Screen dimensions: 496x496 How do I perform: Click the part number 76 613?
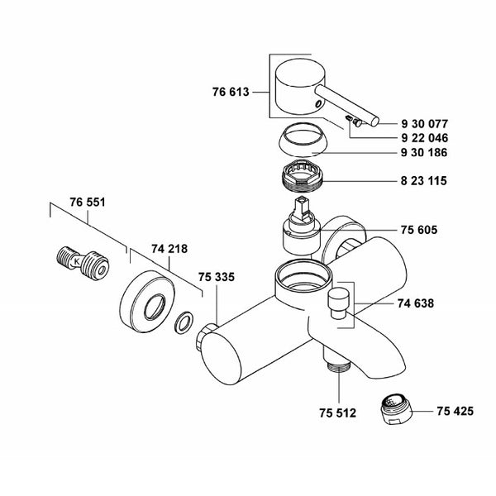[231, 92]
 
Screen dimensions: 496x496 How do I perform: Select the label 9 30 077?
[425, 123]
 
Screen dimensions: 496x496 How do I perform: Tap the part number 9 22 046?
[425, 138]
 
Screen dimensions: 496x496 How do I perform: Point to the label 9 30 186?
[424, 152]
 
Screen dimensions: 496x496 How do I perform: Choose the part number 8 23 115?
[424, 180]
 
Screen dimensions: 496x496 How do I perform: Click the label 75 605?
[419, 230]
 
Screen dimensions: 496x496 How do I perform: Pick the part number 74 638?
[416, 303]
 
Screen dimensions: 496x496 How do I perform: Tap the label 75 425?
[455, 411]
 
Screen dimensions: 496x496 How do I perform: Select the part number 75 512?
[337, 413]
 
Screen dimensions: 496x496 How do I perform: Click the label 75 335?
[217, 277]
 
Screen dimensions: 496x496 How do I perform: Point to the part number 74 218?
[169, 249]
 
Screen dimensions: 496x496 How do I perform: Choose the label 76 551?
[88, 203]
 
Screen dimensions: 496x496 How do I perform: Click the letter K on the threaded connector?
[77, 261]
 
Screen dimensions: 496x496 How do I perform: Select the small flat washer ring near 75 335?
[184, 322]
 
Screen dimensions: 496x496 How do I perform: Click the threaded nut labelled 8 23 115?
[302, 177]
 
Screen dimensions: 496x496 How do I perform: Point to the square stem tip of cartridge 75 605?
[301, 201]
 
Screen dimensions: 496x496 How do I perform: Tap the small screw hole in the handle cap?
[319, 103]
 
